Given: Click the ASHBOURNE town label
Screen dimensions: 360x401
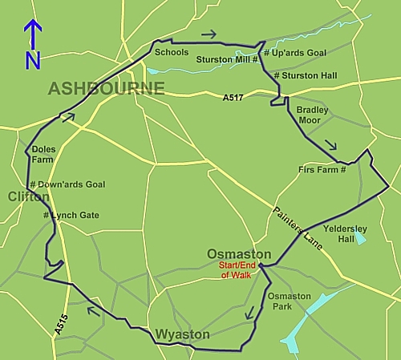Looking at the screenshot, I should [x=107, y=88].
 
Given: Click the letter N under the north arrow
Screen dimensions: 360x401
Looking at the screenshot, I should [x=32, y=60].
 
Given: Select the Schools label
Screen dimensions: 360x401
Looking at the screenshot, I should [x=172, y=53].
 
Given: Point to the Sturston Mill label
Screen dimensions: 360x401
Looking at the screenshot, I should [x=227, y=60].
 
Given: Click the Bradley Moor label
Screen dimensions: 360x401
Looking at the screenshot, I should [x=312, y=115].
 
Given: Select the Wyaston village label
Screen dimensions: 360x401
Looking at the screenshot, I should [x=183, y=334].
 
